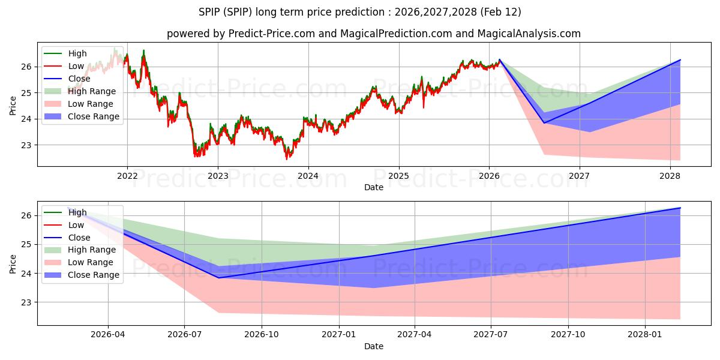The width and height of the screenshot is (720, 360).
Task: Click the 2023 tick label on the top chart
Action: tap(217, 176)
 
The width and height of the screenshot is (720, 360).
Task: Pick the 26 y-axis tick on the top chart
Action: tap(26, 67)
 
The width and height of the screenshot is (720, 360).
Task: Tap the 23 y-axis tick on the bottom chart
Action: tap(26, 302)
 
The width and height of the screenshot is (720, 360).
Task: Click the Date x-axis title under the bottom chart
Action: tap(373, 346)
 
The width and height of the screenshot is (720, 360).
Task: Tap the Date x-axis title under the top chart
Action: tap(373, 187)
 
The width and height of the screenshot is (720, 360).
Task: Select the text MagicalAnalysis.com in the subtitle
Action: tap(529, 34)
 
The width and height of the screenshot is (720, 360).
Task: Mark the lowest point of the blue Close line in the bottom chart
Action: tap(218, 278)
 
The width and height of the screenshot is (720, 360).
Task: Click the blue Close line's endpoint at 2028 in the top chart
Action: tap(680, 60)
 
